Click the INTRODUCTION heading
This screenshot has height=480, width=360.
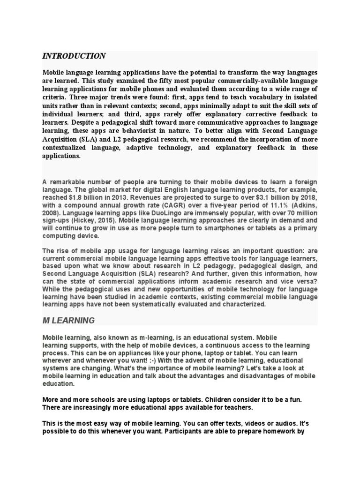click(x=74, y=56)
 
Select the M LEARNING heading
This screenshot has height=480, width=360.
click(x=68, y=321)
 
